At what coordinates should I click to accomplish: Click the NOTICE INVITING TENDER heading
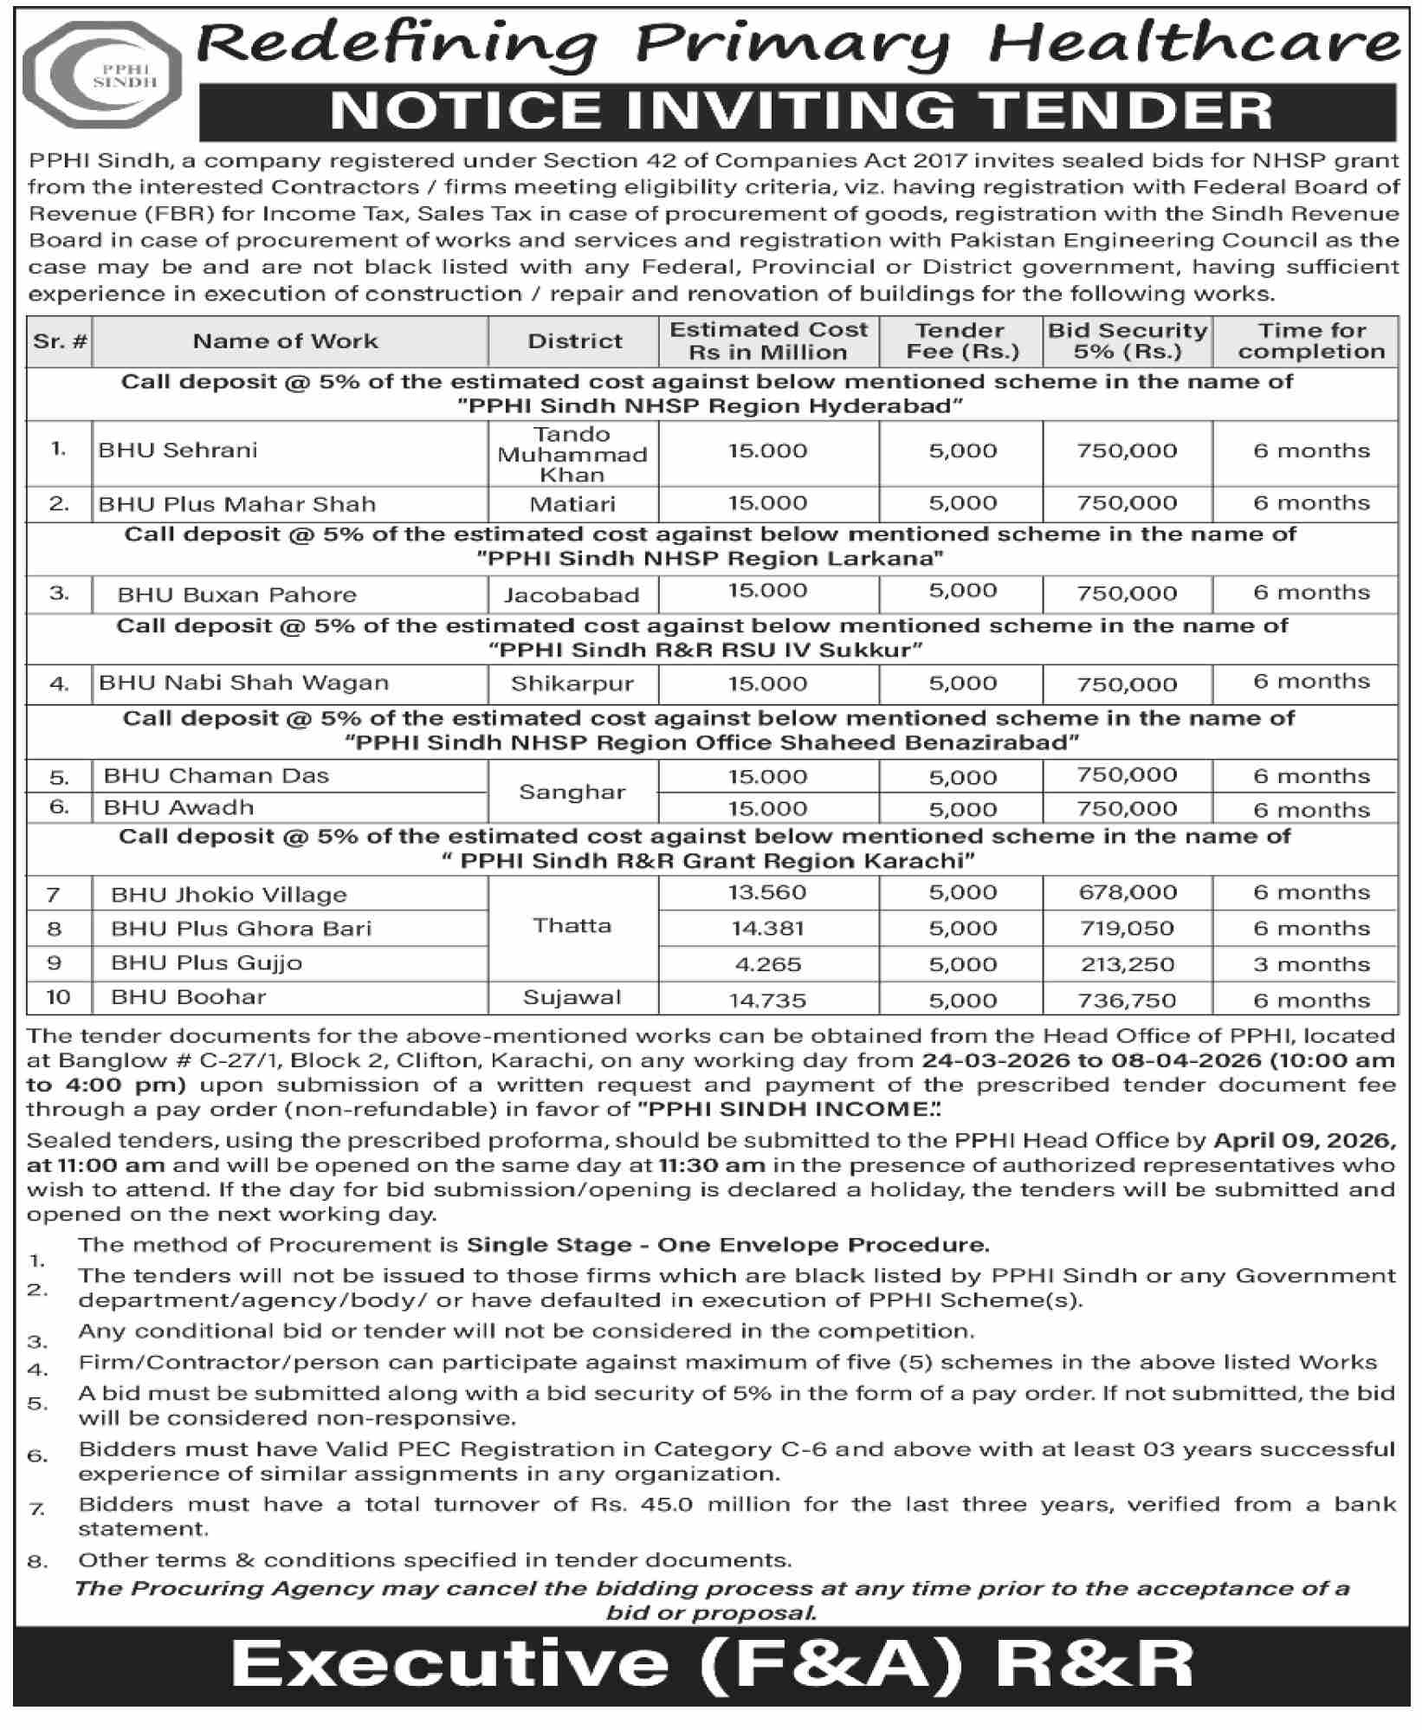[800, 111]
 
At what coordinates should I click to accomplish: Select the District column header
[574, 341]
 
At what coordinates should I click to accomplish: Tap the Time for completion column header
[1310, 341]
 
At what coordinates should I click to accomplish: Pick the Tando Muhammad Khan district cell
[572, 454]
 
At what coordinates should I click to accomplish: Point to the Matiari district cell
[572, 504]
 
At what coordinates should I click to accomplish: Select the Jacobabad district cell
[572, 595]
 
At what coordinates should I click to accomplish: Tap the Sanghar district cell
[572, 792]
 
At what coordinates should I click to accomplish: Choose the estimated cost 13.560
[767, 893]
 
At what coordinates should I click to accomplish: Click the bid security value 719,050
[1126, 929]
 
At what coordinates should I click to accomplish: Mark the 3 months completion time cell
[1311, 964]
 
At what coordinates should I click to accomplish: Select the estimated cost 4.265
[767, 964]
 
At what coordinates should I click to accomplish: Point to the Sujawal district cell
[572, 998]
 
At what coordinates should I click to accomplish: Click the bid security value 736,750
[1126, 1001]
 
